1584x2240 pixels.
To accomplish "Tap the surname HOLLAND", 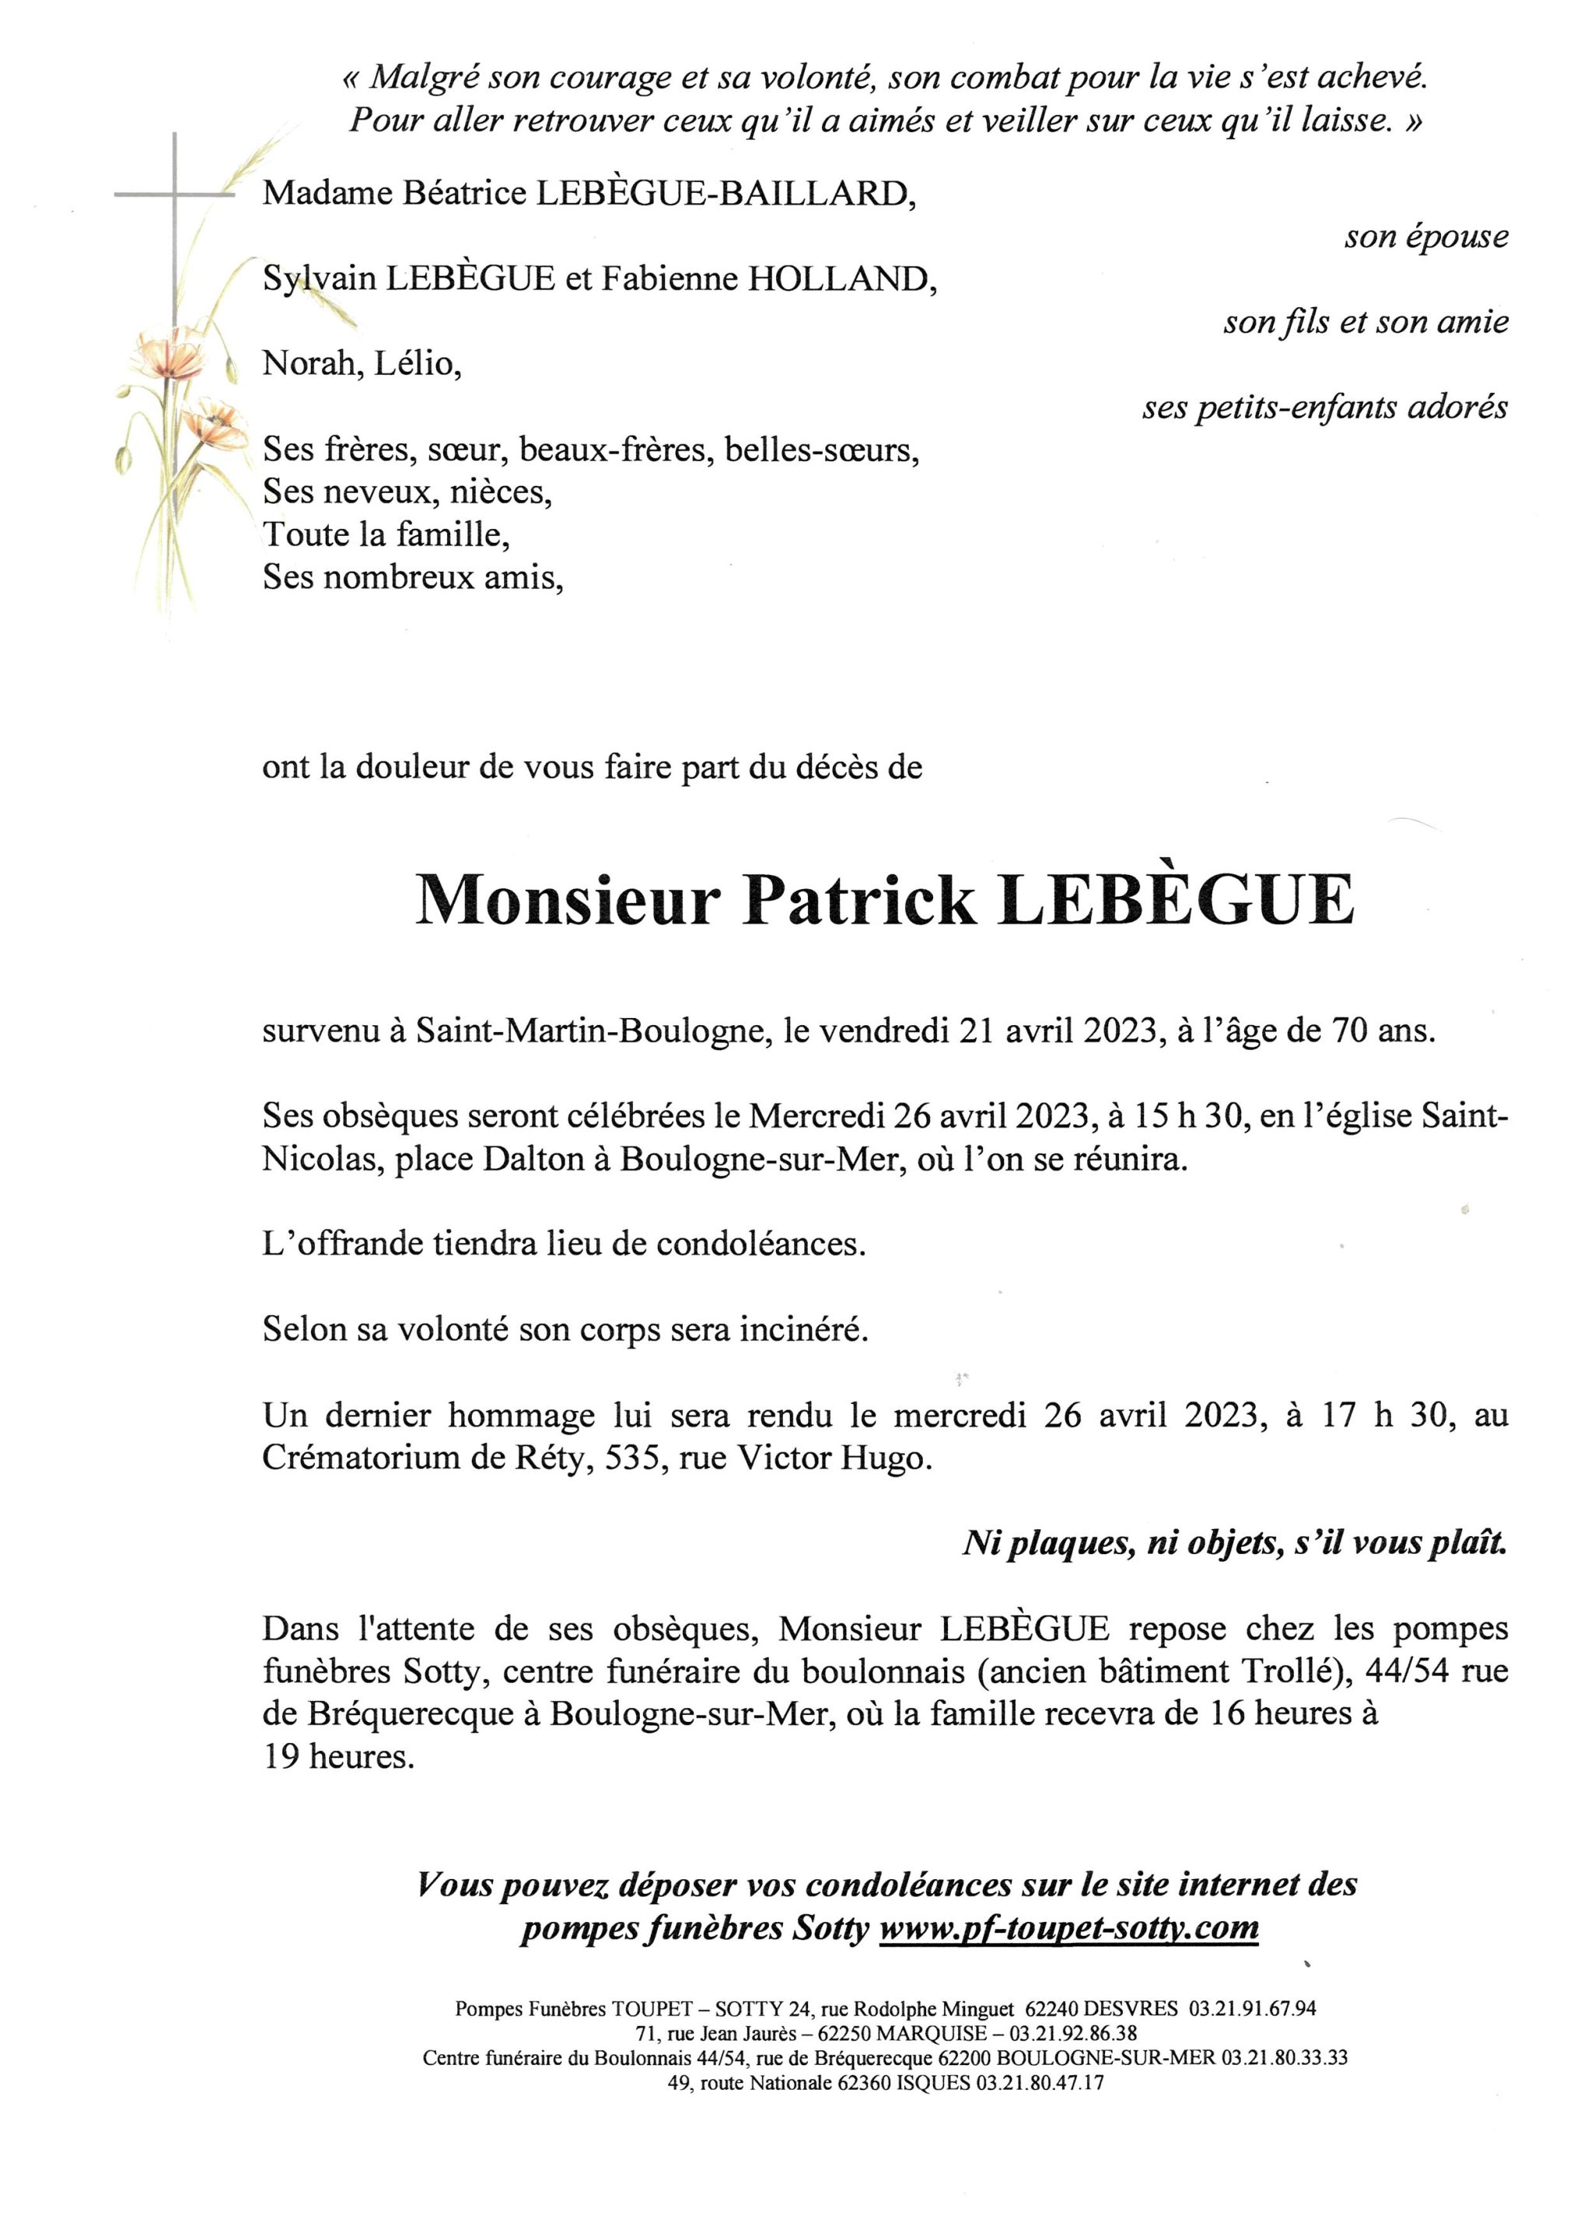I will tap(837, 280).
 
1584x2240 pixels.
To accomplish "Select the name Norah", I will tap(309, 365).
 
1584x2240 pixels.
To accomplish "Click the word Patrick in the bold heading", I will tap(859, 902).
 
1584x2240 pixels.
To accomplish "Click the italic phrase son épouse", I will tap(1425, 237).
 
